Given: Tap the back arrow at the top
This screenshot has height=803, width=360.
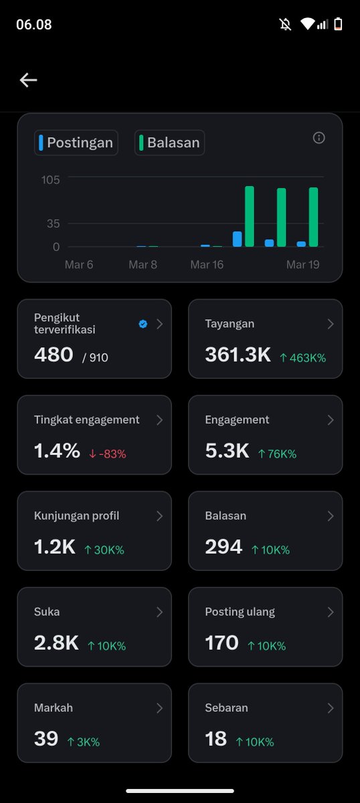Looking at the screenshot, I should [x=28, y=80].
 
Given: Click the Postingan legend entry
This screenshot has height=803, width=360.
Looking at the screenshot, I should [x=76, y=143].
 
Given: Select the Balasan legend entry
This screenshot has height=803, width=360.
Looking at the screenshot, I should [x=170, y=143].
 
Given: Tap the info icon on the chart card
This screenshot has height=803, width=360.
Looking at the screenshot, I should [x=319, y=138].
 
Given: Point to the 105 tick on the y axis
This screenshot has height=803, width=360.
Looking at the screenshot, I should [x=51, y=179].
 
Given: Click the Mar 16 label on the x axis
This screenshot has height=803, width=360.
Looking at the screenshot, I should [x=207, y=265].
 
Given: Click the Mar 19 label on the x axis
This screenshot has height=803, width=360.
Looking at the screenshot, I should [x=302, y=265].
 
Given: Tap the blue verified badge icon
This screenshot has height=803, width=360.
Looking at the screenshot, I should [x=143, y=324].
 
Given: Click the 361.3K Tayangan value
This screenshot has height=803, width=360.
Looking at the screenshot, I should [x=238, y=355].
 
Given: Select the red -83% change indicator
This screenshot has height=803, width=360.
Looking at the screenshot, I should [x=107, y=454].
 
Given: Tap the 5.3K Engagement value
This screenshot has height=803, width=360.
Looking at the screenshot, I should [x=227, y=451].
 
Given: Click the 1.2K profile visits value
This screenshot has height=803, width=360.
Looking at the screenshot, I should [x=54, y=547].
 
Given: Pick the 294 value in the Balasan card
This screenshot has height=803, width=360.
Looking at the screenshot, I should [x=223, y=547].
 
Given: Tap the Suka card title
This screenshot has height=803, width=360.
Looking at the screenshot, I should [x=47, y=612].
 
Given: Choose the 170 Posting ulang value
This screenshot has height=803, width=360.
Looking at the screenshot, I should [x=221, y=643].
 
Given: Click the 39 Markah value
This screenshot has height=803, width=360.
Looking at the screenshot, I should [x=46, y=739].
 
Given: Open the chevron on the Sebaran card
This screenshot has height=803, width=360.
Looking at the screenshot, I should [x=330, y=708].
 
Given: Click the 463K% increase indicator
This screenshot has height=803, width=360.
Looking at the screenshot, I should [x=302, y=358].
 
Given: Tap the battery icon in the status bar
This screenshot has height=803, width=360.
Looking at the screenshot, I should [x=339, y=25].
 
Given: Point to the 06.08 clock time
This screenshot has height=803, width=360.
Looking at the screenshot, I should [x=33, y=25].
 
